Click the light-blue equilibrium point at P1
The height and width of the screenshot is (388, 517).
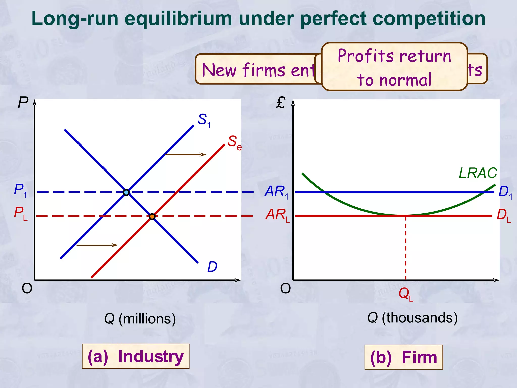pyautogui.click(x=126, y=192)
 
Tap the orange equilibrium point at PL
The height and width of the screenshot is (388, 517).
pyautogui.click(x=152, y=216)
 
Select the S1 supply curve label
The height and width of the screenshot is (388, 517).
pyautogui.click(x=204, y=120)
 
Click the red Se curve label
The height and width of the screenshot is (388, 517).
pyautogui.click(x=235, y=142)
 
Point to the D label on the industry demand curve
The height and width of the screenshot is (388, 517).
pyautogui.click(x=212, y=267)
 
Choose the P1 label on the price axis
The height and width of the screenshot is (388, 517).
pyautogui.click(x=20, y=190)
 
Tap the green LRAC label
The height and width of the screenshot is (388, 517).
pyautogui.click(x=478, y=173)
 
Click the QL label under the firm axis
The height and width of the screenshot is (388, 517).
pyautogui.click(x=406, y=294)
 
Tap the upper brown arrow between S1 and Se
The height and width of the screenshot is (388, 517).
pyautogui.click(x=186, y=154)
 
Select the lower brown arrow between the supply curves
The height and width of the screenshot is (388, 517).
pyautogui.click(x=97, y=245)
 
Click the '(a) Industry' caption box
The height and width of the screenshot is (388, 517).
pyautogui.click(x=136, y=356)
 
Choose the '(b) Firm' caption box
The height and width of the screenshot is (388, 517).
pyautogui.click(x=403, y=357)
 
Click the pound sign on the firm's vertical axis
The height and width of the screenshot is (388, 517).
pyautogui.click(x=281, y=103)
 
